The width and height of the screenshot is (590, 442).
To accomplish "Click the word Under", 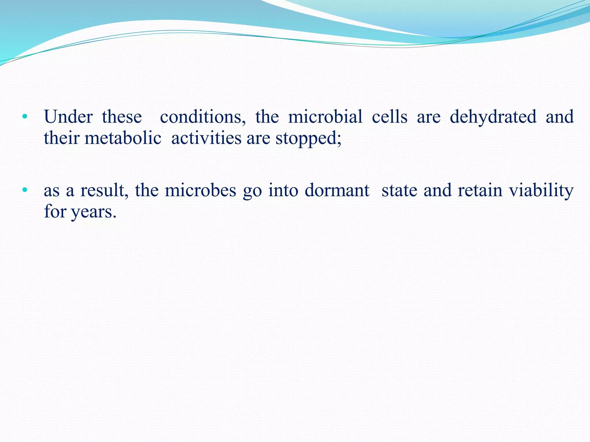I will pyautogui.click(x=68, y=117).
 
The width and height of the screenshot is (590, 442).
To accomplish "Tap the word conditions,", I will pyautogui.click(x=203, y=117).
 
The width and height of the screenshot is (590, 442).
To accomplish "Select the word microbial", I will pyautogui.click(x=325, y=117).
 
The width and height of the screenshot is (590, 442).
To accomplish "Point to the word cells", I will pyautogui.click(x=389, y=117).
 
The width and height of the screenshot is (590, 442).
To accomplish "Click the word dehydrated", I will pyautogui.click(x=493, y=117).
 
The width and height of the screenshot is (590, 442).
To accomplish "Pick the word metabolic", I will pyautogui.click(x=123, y=138).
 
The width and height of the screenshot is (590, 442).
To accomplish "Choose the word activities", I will pyautogui.click(x=206, y=138).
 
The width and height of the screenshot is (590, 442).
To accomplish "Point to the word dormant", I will pyautogui.click(x=337, y=190).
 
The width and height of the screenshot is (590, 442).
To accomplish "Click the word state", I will pyautogui.click(x=399, y=190).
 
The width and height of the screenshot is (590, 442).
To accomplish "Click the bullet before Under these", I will pyautogui.click(x=25, y=117).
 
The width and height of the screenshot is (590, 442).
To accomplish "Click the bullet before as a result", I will pyautogui.click(x=25, y=190).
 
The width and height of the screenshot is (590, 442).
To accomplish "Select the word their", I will pyautogui.click(x=61, y=138).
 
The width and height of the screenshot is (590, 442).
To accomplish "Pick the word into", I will pyautogui.click(x=283, y=190).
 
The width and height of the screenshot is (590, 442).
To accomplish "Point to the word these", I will pyautogui.click(x=122, y=117).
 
